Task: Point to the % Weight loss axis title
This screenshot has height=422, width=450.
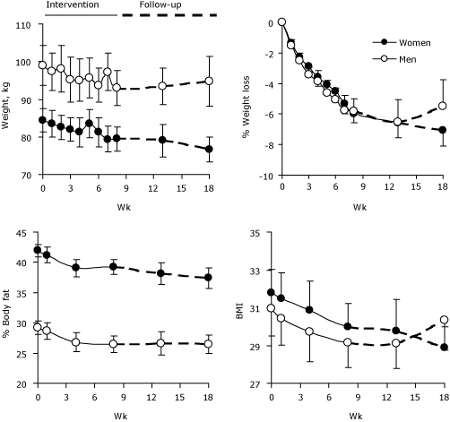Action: tap(245, 99)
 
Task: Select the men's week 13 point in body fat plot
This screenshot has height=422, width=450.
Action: tap(161, 343)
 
